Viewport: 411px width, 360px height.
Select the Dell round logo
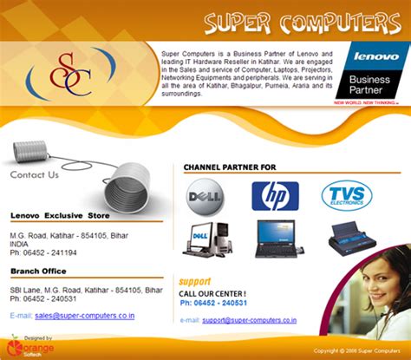[x=206, y=195]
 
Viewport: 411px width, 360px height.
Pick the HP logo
[x=275, y=196]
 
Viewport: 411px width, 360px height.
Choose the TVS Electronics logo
[x=347, y=196]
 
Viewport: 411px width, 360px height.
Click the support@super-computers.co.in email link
[x=250, y=320]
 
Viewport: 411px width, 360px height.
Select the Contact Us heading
[x=35, y=174]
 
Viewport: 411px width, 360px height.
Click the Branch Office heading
[x=39, y=272]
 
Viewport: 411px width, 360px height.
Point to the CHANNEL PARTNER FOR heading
[x=230, y=166]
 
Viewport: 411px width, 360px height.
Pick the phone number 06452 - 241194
[x=51, y=252]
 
